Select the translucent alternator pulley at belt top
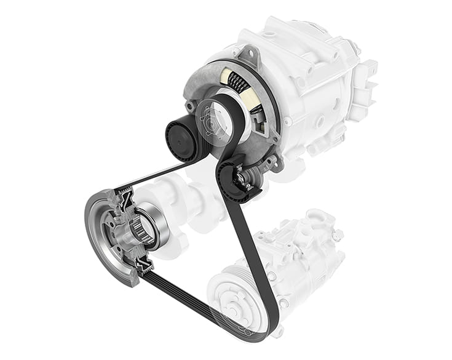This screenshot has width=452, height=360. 217,120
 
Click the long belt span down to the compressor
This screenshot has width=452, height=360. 249,246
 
